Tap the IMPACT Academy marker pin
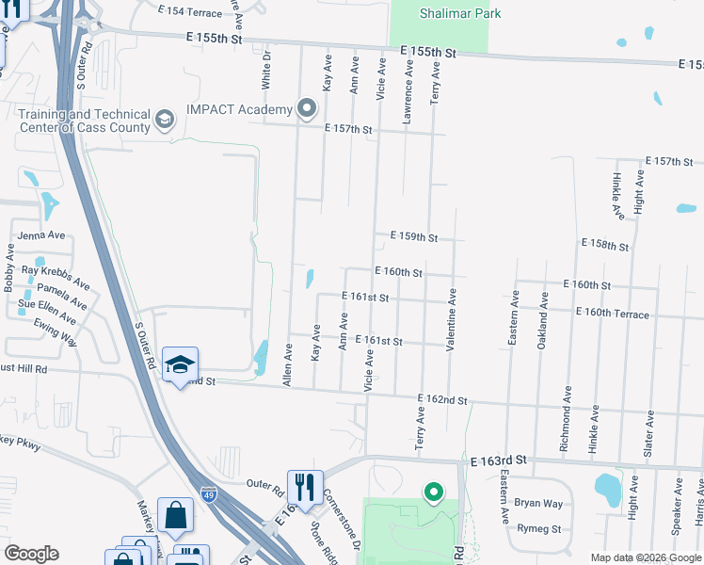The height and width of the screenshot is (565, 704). (307, 109)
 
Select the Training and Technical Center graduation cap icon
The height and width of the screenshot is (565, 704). (165, 120)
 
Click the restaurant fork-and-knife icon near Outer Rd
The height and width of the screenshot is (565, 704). (304, 486)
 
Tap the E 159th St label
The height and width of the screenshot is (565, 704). (414, 237)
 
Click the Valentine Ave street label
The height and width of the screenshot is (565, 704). (452, 320)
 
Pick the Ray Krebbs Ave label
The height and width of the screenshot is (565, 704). (56, 276)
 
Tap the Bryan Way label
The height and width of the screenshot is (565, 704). (538, 504)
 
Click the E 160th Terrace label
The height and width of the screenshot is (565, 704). (612, 313)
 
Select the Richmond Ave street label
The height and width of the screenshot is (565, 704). (565, 418)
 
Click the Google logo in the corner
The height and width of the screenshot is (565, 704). (31, 554)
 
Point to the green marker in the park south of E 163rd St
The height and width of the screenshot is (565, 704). (433, 492)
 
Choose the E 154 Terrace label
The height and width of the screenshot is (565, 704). (191, 10)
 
